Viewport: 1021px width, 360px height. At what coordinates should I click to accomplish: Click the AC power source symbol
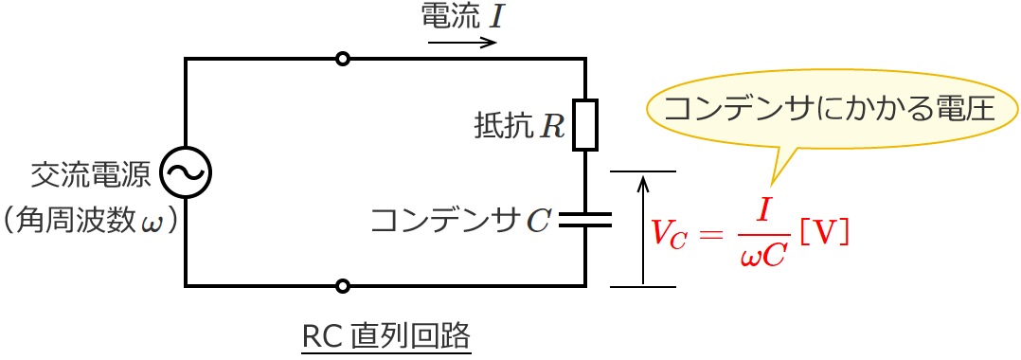(186, 171)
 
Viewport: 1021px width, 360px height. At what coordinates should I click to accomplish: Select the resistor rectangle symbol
(585, 124)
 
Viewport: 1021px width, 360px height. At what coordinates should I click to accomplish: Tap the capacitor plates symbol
(585, 220)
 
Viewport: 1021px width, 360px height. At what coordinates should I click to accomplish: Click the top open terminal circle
(343, 59)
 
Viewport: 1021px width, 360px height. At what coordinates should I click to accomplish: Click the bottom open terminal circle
(343, 285)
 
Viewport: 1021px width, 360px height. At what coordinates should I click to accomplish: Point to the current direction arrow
(462, 43)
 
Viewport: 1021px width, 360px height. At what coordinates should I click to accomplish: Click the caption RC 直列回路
(385, 336)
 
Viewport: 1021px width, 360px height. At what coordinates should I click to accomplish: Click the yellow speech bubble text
(829, 107)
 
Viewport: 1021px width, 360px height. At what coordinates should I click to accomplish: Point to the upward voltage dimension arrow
(643, 227)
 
